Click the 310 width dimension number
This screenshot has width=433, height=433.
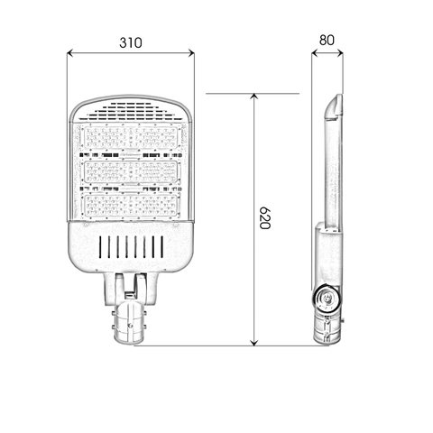point(131,42)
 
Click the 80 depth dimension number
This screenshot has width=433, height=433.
point(327,41)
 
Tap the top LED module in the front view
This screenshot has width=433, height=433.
point(131,138)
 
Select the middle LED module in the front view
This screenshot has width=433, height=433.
point(131,171)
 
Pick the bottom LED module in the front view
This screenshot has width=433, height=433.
point(131,205)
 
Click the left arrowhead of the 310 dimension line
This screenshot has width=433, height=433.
point(71,53)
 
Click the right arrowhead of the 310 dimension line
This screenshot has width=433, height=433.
point(190,53)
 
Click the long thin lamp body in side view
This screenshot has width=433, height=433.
point(329,171)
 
